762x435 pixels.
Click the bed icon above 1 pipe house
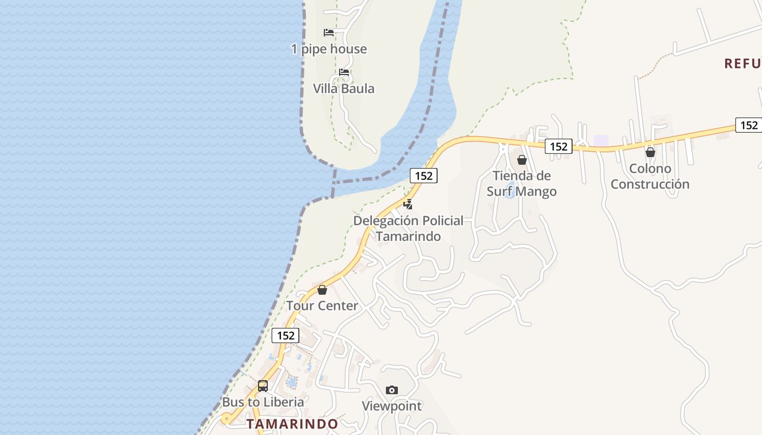tap(329, 33)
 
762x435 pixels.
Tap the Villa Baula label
tap(343, 89)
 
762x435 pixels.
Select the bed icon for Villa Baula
tap(344, 72)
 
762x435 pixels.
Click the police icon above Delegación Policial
tap(408, 204)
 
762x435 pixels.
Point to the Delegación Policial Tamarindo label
tap(408, 228)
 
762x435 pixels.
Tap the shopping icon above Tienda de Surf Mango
tap(522, 160)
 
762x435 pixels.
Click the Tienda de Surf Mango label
tap(521, 183)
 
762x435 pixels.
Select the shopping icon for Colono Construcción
tap(650, 152)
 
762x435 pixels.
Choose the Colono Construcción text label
tap(650, 176)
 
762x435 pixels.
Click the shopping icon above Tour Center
tap(322, 290)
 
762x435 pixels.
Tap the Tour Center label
tap(322, 306)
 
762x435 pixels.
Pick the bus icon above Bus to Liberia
tap(263, 386)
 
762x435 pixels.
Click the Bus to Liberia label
tap(263, 402)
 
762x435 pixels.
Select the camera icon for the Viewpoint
tap(392, 390)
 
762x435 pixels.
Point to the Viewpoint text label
tap(392, 406)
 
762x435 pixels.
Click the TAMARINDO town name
tap(292, 424)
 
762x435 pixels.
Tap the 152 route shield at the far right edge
tap(749, 125)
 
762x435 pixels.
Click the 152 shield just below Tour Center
tap(285, 335)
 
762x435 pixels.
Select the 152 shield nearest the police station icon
tap(423, 176)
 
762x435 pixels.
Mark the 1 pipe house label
tap(329, 49)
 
